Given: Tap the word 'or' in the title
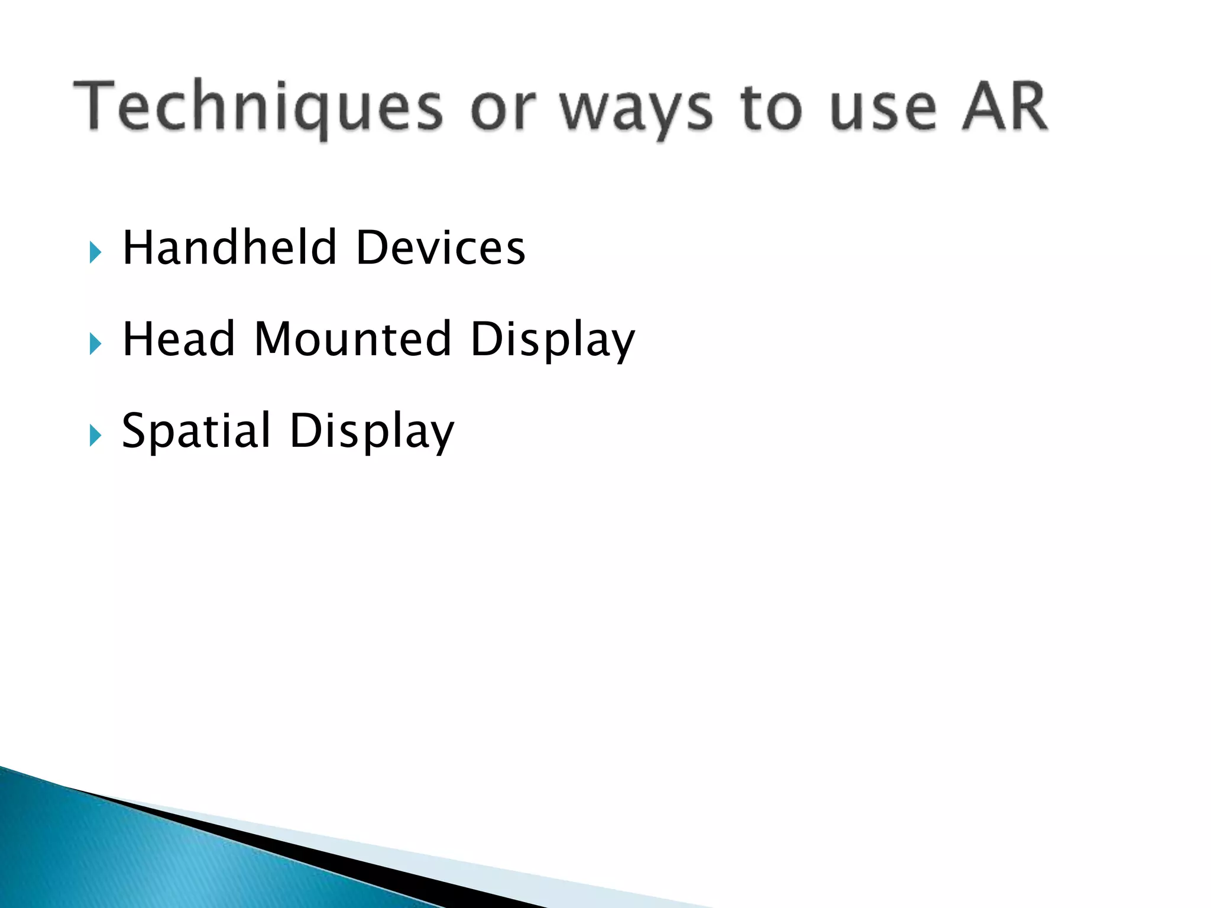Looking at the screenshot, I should click(503, 110).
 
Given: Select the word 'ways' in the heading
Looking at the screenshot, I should click(636, 110).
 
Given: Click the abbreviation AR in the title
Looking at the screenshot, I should click(1005, 106).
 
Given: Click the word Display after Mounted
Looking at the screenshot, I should click(552, 340).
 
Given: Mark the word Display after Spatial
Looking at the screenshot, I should click(372, 432).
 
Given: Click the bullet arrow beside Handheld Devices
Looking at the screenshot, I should click(95, 252).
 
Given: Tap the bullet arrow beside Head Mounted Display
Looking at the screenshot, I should click(95, 344).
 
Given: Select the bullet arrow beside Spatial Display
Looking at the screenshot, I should click(95, 436).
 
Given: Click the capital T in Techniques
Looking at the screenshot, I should click(95, 105).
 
